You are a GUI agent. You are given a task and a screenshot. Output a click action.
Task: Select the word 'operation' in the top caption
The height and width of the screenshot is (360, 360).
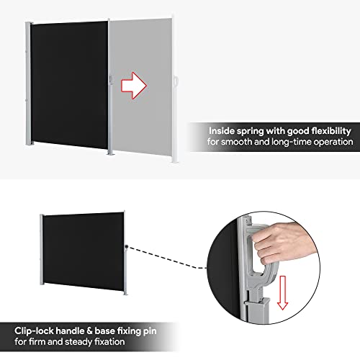pyautogui.click(x=328, y=143)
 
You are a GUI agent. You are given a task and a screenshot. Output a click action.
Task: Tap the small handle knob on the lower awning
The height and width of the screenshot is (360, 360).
pyautogui.click(x=126, y=248)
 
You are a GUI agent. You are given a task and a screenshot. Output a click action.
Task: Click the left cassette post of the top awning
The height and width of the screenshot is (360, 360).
pyautogui.click(x=28, y=86)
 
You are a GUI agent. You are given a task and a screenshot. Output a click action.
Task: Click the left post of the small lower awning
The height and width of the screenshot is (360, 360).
pyautogui.click(x=41, y=252)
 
